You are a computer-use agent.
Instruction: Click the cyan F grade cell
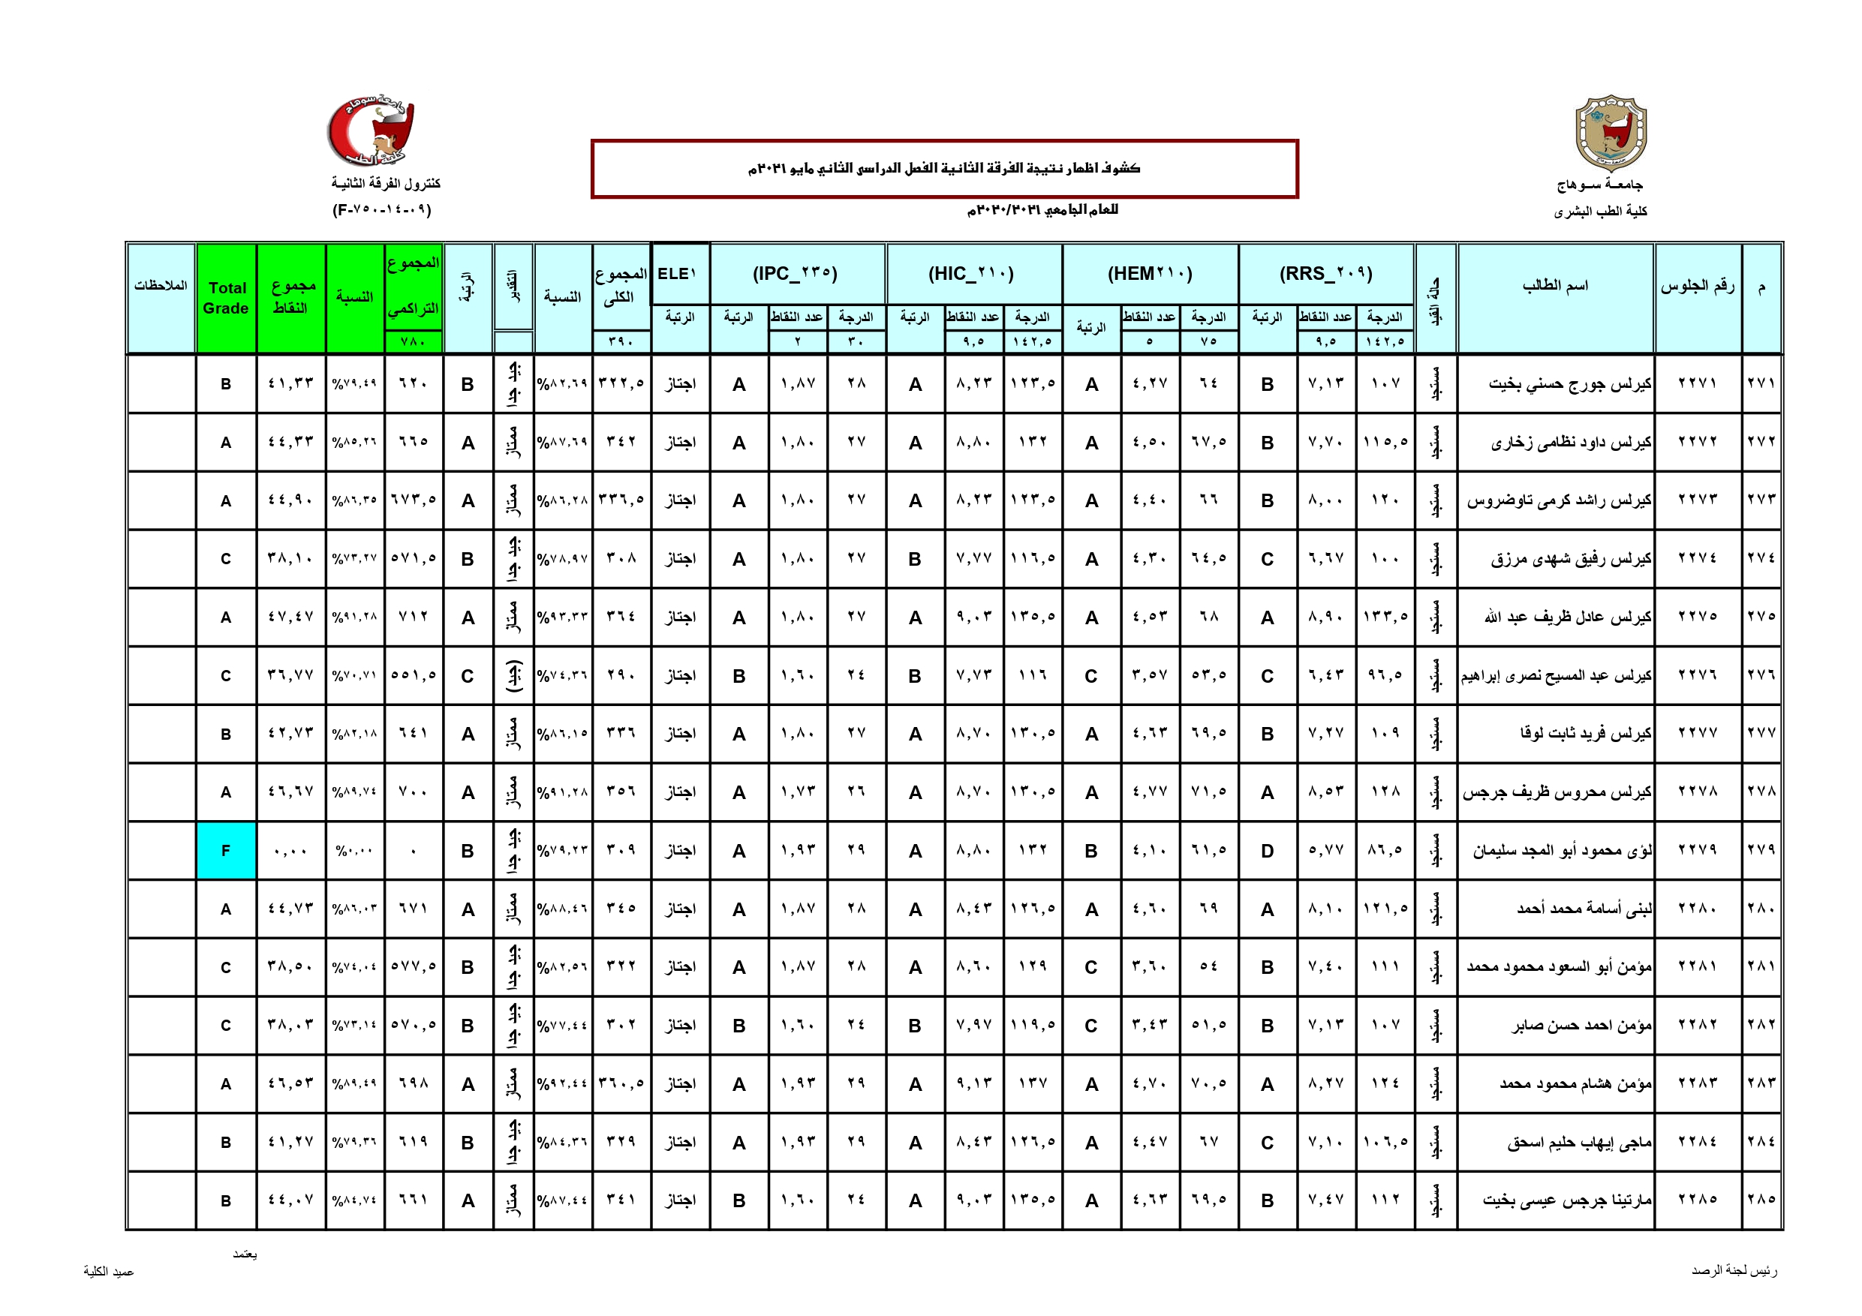tap(225, 851)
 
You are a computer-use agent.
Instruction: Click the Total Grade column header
tap(226, 298)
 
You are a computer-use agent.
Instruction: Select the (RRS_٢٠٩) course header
tap(1326, 273)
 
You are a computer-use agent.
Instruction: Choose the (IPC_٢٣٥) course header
tap(796, 273)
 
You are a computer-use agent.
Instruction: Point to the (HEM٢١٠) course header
tap(1150, 273)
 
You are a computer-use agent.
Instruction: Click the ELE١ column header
tap(680, 273)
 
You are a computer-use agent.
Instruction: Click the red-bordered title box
tap(944, 169)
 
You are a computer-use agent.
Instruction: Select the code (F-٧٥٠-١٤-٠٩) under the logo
tap(382, 210)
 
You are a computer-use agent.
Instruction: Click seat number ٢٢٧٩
tap(1698, 850)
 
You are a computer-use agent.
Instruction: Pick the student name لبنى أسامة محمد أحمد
tap(1584, 909)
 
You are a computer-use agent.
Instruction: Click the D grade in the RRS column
tap(1267, 851)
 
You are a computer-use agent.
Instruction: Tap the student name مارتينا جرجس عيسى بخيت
tap(1567, 1200)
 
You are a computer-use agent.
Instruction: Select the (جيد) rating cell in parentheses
tap(513, 675)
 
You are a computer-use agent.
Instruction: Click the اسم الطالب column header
tap(1554, 285)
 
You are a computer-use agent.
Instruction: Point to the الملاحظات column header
tap(161, 285)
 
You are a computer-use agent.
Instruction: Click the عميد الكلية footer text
tap(109, 1272)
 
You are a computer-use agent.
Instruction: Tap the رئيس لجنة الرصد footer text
tap(1734, 1270)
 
